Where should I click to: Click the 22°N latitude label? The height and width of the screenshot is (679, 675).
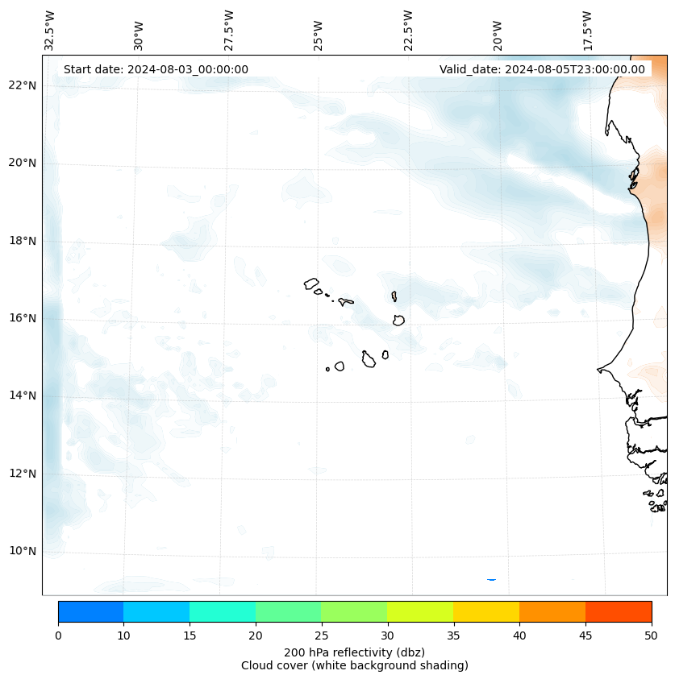tap(23, 85)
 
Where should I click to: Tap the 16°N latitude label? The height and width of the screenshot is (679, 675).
tap(23, 318)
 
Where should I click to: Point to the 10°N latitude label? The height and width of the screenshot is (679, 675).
tap(23, 551)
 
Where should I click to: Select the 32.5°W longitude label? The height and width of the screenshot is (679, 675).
tap(49, 31)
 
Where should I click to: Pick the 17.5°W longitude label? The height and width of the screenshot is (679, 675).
tap(588, 31)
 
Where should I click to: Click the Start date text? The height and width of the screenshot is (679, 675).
tap(156, 69)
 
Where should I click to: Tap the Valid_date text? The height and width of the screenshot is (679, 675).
tap(542, 69)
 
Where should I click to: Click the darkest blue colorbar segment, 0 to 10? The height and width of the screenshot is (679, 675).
tap(90, 611)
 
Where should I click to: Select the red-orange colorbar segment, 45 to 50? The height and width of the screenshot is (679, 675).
tap(619, 611)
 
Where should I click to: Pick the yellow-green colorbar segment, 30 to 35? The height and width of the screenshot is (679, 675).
tap(420, 611)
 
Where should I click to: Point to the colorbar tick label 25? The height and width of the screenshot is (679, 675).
tap(321, 636)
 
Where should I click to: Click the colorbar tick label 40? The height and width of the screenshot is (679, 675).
tap(519, 636)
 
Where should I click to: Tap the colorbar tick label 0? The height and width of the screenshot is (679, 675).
tap(58, 636)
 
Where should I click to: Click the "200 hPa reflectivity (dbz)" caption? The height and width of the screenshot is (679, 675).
tap(354, 652)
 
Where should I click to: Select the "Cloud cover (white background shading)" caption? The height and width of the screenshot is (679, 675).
tap(354, 665)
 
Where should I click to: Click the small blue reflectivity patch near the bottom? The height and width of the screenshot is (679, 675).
tap(491, 579)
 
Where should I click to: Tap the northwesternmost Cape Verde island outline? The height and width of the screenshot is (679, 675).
tap(311, 284)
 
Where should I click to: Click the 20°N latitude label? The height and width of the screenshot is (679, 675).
tap(23, 163)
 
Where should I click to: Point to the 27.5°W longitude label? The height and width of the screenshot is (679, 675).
tap(229, 31)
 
